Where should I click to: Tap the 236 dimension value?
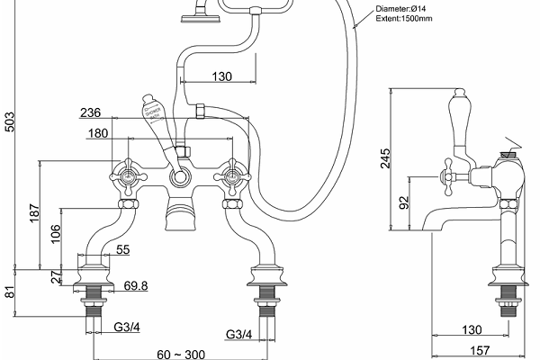point(115,114)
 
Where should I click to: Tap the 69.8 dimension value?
point(137,285)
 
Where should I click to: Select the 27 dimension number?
point(56,276)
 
